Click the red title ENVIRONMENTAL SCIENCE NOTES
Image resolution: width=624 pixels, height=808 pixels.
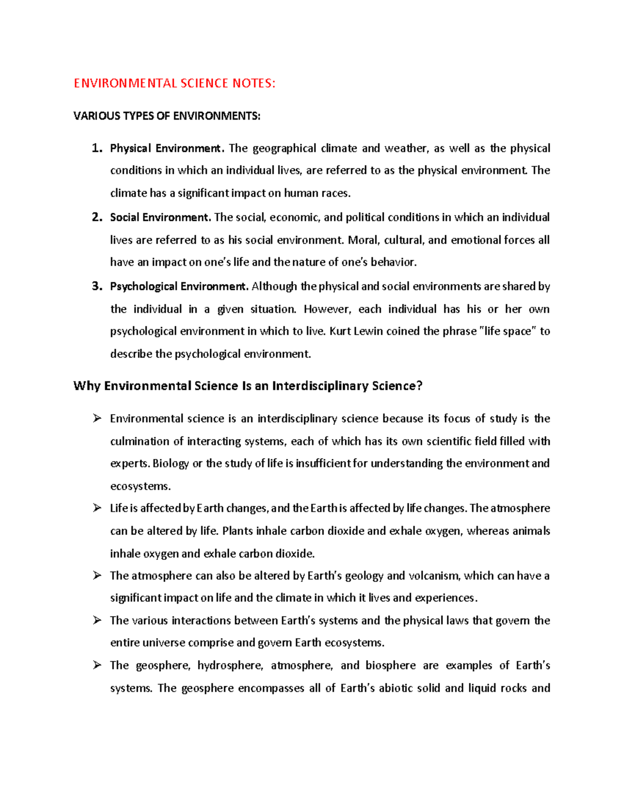174,83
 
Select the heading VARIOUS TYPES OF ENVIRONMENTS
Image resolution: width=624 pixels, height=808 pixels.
167,116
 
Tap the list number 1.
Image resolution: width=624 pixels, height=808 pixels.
97,148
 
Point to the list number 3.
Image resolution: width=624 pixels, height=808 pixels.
97,286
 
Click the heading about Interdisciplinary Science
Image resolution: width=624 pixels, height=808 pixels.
248,386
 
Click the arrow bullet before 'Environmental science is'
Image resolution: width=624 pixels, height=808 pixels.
97,418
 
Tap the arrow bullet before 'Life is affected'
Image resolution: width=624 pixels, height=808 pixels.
97,508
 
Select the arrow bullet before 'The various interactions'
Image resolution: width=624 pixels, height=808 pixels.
97,620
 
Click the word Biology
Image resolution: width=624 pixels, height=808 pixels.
171,464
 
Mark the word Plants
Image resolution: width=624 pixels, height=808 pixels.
237,531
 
